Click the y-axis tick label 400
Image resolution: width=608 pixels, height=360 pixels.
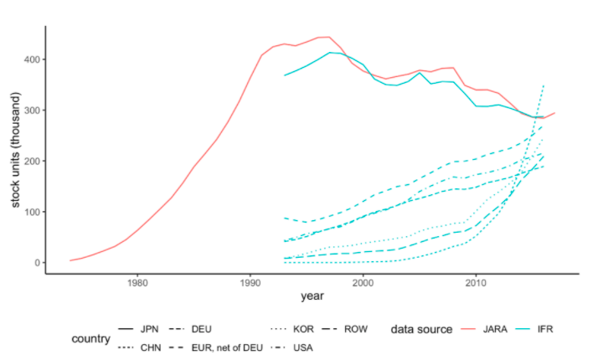click(x=32, y=59)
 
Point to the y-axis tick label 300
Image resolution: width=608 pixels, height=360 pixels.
click(x=32, y=111)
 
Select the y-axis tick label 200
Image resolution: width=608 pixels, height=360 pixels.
click(x=32, y=161)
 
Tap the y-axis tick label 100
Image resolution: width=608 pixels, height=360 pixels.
click(x=32, y=212)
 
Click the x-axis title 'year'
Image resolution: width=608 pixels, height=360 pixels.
click(x=312, y=296)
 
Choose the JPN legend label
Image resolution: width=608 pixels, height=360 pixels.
click(x=151, y=330)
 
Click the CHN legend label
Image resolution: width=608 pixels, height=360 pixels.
click(x=151, y=347)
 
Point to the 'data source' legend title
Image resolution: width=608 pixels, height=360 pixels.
click(x=421, y=330)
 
